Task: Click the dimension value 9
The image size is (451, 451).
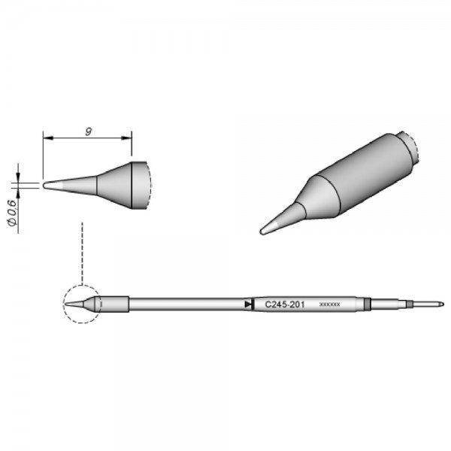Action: pos(88,132)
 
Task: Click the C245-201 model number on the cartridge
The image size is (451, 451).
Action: pos(283,304)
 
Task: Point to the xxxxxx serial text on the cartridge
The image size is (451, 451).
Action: pos(330,304)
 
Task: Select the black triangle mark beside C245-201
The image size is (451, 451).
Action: pos(248,304)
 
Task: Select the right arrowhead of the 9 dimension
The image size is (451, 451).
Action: pos(129,139)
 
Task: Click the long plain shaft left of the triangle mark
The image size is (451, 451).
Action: pos(188,304)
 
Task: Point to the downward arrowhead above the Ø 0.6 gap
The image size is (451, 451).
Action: pos(17,176)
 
